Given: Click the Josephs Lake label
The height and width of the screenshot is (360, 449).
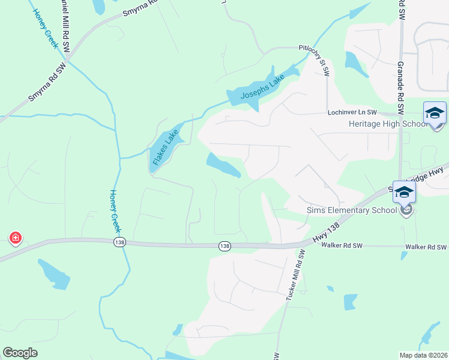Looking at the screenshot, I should coord(262,88).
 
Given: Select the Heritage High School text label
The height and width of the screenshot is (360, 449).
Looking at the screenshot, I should coord(388,124).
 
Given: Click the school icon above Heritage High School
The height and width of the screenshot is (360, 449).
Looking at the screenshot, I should coord(435,113).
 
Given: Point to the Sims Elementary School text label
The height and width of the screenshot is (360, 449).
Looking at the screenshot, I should coord(351,210).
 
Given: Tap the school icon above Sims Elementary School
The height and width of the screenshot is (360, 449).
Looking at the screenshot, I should coord(405,193).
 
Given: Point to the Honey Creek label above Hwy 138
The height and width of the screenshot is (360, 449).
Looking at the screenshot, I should coord(116,211).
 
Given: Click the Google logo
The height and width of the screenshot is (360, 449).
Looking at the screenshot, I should coord(20,353).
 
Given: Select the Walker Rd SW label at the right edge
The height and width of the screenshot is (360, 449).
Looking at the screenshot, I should coord(426,247).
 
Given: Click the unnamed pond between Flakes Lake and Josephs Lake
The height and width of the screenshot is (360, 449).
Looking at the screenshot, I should coord(223,166).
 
